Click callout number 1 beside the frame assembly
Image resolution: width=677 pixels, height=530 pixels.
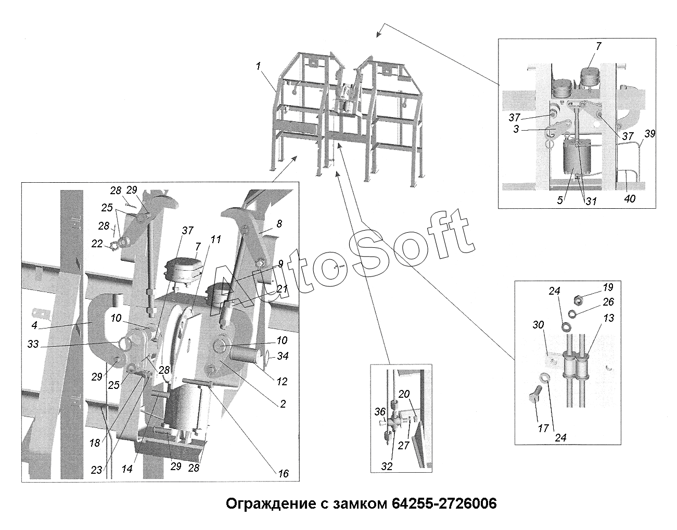tap(258, 66)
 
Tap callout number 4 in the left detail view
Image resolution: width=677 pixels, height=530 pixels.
tap(34, 325)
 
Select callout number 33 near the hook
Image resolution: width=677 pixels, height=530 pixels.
tap(33, 344)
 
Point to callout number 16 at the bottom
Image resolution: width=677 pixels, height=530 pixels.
tap(283, 474)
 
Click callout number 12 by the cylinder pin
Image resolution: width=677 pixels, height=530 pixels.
tap(282, 382)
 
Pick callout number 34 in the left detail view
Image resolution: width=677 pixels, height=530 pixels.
tap(283, 356)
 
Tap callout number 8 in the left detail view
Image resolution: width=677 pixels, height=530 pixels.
tap(279, 223)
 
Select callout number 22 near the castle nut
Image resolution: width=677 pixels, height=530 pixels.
tap(97, 244)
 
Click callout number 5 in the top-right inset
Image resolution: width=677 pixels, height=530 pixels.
tap(560, 200)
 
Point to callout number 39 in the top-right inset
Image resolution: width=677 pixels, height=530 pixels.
tap(650, 134)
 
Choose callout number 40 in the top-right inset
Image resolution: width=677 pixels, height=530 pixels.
tap(630, 198)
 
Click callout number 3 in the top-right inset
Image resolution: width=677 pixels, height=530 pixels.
tap(516, 129)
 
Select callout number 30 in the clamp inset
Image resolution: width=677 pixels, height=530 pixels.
tap(538, 325)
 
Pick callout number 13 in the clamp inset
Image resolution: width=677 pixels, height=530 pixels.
tap(609, 318)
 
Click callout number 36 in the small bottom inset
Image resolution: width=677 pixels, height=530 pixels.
tap(380, 412)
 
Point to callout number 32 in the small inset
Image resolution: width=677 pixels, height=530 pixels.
tap(387, 466)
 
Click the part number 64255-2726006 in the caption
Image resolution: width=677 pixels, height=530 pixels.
tap(444, 503)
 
